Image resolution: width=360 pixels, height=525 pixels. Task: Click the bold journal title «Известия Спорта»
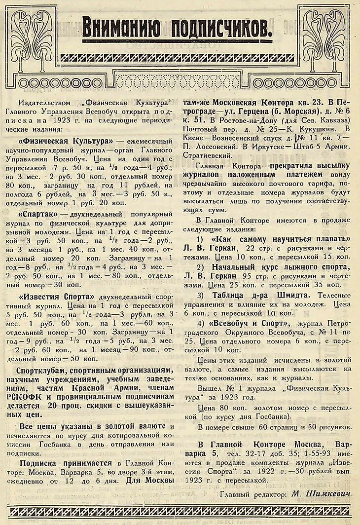point(57,297)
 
